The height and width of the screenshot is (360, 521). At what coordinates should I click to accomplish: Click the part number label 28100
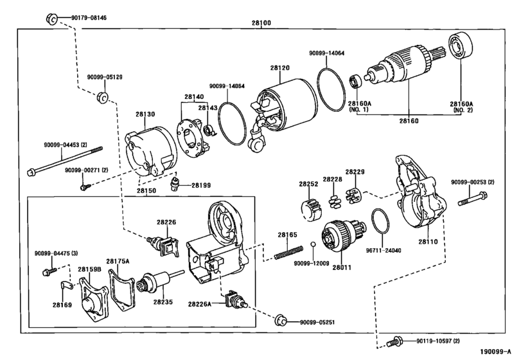261,23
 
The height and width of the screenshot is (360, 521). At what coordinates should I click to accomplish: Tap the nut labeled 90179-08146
51,19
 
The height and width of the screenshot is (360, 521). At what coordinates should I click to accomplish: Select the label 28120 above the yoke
279,67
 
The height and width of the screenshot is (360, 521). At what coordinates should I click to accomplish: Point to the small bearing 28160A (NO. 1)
355,82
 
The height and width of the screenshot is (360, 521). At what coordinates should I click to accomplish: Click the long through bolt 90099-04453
65,161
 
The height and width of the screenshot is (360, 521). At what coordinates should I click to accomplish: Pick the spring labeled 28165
288,251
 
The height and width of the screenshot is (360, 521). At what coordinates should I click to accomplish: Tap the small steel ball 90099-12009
313,245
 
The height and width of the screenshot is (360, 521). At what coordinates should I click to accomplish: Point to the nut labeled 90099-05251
281,320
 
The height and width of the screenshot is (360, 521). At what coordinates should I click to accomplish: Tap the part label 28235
163,302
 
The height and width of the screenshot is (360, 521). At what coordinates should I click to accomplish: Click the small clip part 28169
67,285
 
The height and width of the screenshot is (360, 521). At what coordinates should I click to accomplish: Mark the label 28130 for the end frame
145,114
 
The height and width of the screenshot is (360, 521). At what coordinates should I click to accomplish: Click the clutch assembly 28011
344,237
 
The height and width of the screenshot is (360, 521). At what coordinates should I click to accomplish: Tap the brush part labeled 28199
174,184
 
